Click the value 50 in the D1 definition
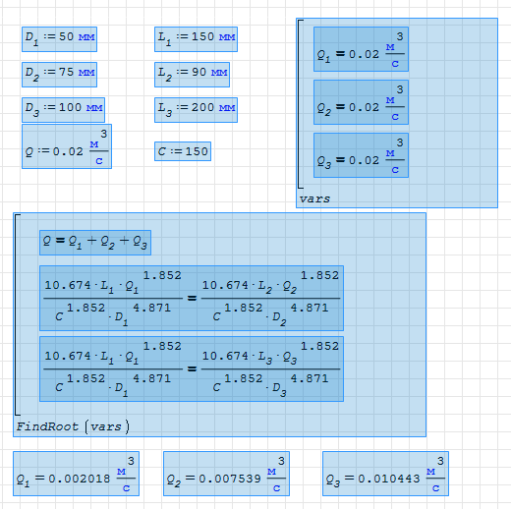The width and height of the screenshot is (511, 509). tap(66, 36)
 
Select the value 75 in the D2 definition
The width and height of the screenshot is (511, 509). tap(66, 72)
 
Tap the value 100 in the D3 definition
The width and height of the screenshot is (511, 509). tap(70, 107)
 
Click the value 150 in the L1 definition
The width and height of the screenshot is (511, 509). tap(202, 36)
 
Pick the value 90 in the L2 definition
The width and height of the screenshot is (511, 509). tap(199, 72)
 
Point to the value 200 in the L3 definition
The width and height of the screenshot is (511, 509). tap(202, 107)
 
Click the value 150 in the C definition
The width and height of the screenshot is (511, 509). tap(197, 151)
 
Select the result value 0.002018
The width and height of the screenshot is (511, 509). tap(80, 479)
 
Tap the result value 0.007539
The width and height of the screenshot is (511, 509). tap(230, 479)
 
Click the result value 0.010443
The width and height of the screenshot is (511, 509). tap(389, 479)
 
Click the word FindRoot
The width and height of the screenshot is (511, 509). tap(47, 426)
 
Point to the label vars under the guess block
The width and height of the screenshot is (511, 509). tap(314, 198)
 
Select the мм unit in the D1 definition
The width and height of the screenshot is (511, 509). tap(86, 37)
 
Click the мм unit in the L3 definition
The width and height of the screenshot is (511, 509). tap(227, 108)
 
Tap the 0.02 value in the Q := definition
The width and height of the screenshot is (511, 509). tap(68, 151)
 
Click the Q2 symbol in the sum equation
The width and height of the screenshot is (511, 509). tap(108, 242)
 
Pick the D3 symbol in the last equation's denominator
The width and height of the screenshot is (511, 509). tap(279, 389)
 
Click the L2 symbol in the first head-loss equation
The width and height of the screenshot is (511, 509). tap(265, 287)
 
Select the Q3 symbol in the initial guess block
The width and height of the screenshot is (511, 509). tap(324, 161)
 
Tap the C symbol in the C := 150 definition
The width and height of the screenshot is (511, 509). tap(162, 151)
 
